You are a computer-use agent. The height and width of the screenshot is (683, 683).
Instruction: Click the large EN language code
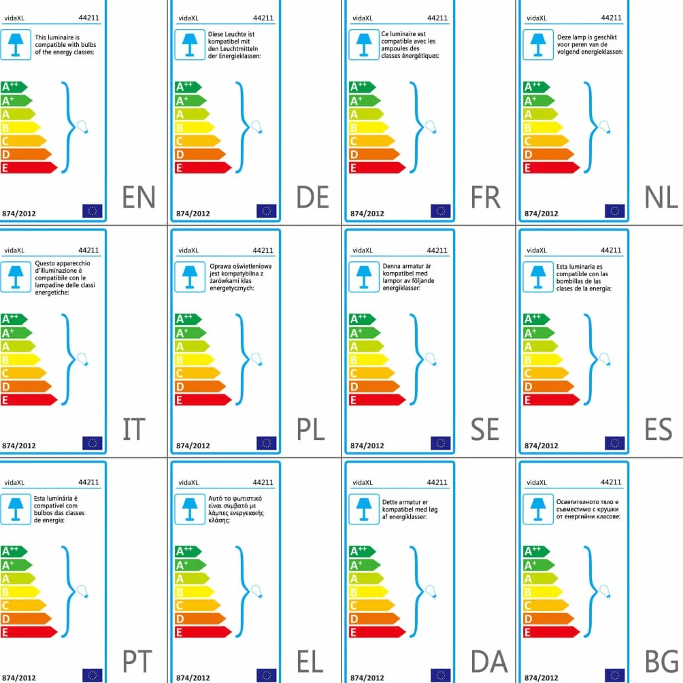pyautogui.click(x=139, y=197)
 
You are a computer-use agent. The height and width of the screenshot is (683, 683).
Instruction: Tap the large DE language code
pyautogui.click(x=312, y=197)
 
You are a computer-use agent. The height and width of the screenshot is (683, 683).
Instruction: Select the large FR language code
pyautogui.click(x=486, y=197)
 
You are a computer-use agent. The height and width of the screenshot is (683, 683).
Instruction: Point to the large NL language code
pyautogui.click(x=661, y=197)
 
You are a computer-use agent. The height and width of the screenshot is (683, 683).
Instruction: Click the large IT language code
pyautogui.click(x=133, y=429)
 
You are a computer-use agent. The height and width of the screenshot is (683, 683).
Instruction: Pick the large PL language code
pyautogui.click(x=311, y=429)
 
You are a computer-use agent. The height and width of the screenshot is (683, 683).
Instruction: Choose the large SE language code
pyautogui.click(x=485, y=429)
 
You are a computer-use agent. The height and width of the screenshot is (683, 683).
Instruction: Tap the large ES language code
pyautogui.click(x=659, y=429)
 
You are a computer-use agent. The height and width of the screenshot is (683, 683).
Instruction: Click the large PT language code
pyautogui.click(x=137, y=662)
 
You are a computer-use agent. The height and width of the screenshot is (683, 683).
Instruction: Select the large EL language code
pyautogui.click(x=310, y=662)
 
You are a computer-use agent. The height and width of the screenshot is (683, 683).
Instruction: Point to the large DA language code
pyautogui.click(x=489, y=662)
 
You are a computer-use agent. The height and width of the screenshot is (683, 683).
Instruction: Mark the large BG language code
pyautogui.click(x=661, y=662)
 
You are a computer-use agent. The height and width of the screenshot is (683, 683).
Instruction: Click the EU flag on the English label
pyautogui.click(x=93, y=211)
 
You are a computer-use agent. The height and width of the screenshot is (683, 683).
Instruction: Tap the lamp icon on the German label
pyautogui.click(x=190, y=45)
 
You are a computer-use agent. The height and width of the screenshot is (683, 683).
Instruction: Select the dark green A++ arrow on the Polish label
pyautogui.click(x=188, y=319)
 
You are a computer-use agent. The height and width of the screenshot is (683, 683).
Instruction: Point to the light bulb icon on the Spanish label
pyautogui.click(x=605, y=359)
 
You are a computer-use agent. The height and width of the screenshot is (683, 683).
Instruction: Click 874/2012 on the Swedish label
pyautogui.click(x=367, y=446)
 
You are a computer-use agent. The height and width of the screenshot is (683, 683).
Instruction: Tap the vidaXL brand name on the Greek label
pyautogui.click(x=188, y=482)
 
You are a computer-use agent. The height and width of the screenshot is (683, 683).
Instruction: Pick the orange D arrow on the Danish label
pyautogui.click(x=374, y=618)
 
